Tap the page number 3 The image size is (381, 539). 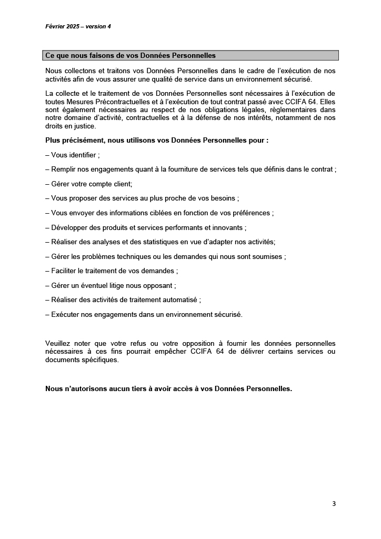click(x=334, y=504)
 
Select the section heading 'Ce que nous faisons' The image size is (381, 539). click(x=131, y=55)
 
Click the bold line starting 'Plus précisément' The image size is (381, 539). click(x=157, y=141)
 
